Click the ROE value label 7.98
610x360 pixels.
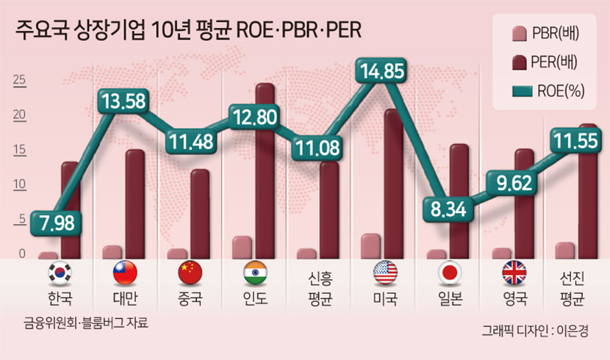coord(56,223)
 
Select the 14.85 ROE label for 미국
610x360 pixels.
coord(381,71)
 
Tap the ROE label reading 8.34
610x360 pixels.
coord(448,209)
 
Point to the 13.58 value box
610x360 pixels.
coord(123,101)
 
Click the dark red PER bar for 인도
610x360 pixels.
coord(265,170)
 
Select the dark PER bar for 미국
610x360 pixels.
coord(393,184)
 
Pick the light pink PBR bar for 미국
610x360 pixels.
coord(370,246)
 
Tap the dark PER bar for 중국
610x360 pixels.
coord(200,214)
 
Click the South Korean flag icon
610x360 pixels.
coord(60,273)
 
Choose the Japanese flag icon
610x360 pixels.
coord(450,273)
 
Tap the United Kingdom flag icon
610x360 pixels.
coord(514,273)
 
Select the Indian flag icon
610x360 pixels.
coord(255,273)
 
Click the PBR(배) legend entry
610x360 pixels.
coord(545,34)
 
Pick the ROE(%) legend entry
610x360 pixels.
coord(548,91)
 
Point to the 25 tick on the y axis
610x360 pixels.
coord(19,80)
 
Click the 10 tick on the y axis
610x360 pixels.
coord(19,184)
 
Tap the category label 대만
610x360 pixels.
coord(125,298)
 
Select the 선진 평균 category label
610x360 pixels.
coord(572,289)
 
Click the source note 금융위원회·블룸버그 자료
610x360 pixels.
coord(86,323)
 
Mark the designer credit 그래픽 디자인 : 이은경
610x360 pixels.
coord(535,331)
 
